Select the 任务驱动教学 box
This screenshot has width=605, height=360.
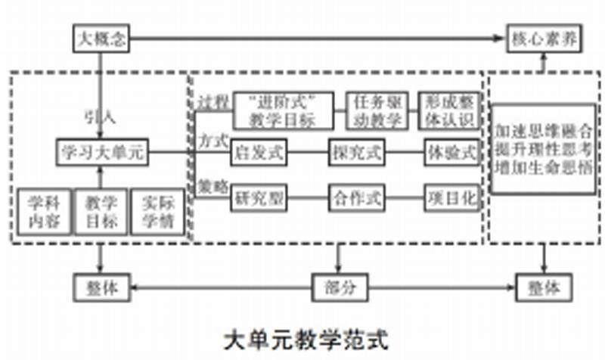coord(377,110)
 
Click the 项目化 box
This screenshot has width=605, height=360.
coord(451,198)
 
